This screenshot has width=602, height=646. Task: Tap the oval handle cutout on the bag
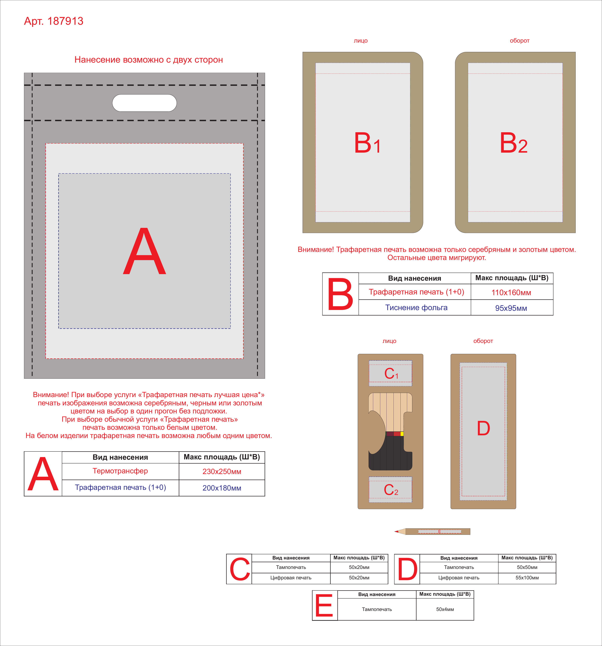144,103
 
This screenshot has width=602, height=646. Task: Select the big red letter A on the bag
144,251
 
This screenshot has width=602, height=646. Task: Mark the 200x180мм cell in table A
222,488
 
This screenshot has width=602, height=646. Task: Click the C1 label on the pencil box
391,374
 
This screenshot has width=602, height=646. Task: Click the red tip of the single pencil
396,532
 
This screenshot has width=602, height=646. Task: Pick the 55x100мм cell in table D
527,578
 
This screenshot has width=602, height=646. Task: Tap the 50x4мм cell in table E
445,609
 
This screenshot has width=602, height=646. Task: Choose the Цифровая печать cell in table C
291,578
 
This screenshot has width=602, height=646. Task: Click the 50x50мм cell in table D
527,567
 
